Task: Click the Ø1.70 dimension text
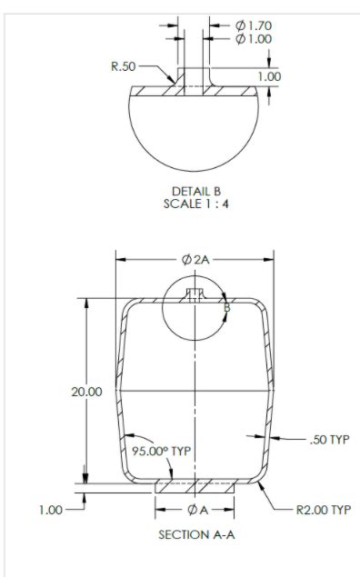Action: pyautogui.click(x=255, y=25)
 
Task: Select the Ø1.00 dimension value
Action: pyautogui.click(x=255, y=39)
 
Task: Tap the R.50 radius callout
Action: pyautogui.click(x=124, y=66)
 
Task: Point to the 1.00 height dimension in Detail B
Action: pyautogui.click(x=268, y=77)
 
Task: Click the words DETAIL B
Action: pyautogui.click(x=196, y=191)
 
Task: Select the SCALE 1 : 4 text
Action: pyautogui.click(x=196, y=204)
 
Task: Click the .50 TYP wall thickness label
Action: pyautogui.click(x=327, y=440)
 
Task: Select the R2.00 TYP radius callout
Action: pyautogui.click(x=323, y=510)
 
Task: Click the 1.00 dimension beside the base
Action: pyautogui.click(x=52, y=510)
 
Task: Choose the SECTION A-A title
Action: pyautogui.click(x=196, y=535)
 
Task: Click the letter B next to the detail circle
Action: pyautogui.click(x=227, y=308)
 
